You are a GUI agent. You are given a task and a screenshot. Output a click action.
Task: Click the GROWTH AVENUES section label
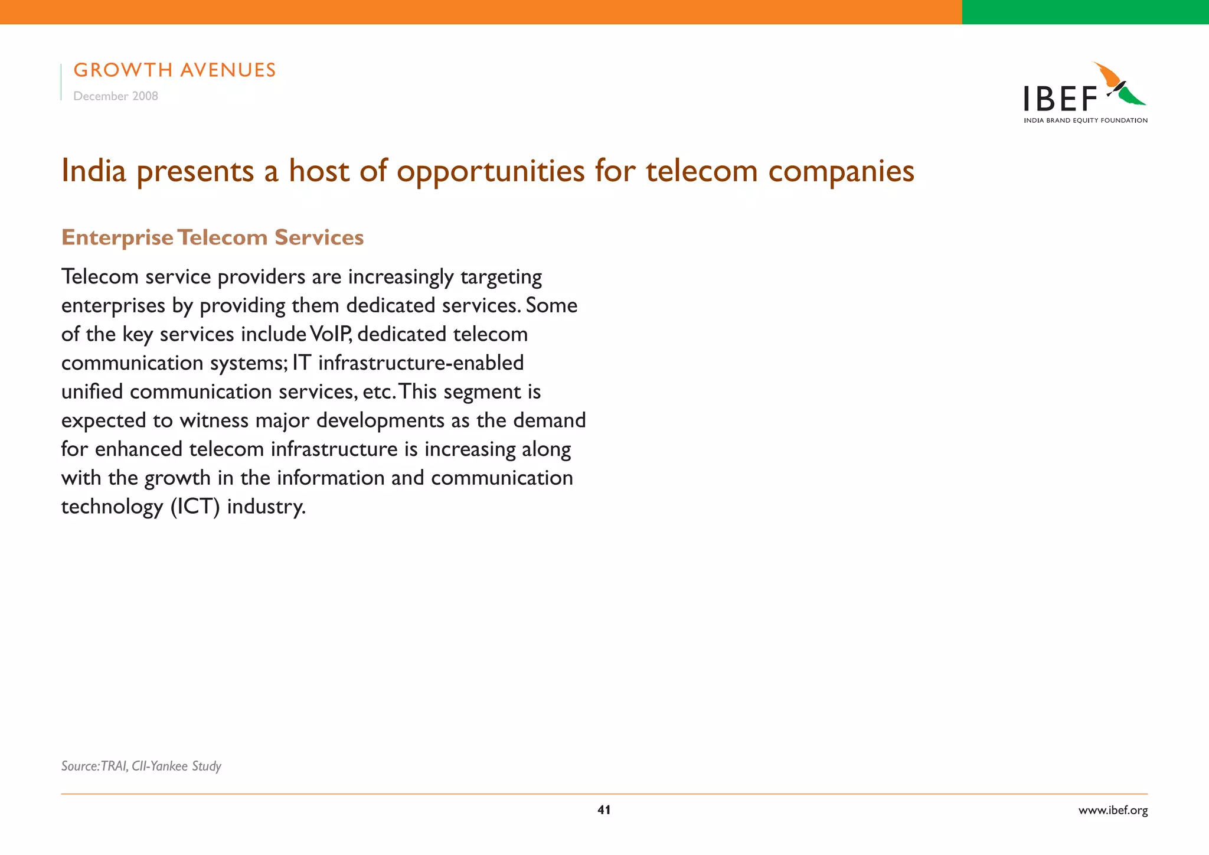point(175,70)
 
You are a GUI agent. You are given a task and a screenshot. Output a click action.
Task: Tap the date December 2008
point(116,96)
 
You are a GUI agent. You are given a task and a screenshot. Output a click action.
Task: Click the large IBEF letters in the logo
point(1060,99)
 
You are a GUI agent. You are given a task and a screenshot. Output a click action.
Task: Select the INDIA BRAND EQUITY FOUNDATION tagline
point(1086,120)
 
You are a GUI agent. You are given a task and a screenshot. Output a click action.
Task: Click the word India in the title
point(94,171)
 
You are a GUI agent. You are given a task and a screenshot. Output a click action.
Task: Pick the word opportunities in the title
point(491,171)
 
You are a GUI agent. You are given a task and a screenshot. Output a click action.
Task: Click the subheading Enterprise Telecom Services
point(213,237)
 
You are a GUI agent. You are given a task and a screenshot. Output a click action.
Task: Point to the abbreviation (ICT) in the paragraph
point(195,507)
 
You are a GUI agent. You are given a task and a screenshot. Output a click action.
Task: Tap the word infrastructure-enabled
point(421,363)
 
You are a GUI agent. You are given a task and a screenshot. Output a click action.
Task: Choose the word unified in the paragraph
point(93,391)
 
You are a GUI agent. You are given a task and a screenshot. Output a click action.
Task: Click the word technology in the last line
point(112,507)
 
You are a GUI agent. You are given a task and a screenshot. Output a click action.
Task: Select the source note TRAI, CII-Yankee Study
point(141,766)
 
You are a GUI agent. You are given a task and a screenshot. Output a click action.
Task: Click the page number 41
point(604,810)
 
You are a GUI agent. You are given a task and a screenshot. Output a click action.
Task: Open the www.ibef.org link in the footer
point(1113,810)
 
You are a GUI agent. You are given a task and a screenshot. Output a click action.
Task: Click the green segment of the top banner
point(1085,12)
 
